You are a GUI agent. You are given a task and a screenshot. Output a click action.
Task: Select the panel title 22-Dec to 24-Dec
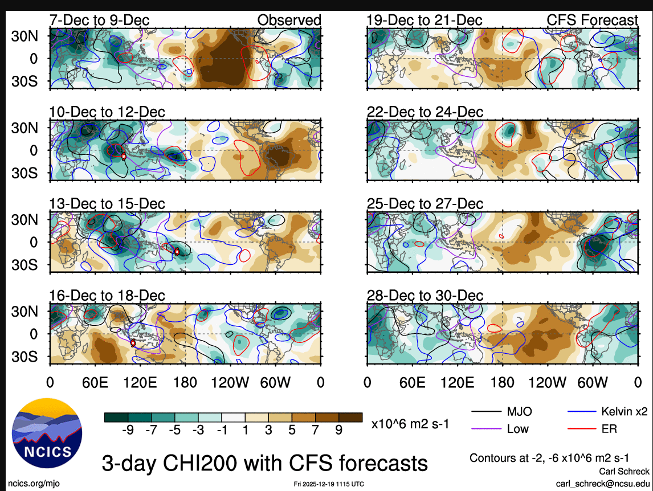pos(425,112)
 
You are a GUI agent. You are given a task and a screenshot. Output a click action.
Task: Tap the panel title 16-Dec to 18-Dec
pos(107,296)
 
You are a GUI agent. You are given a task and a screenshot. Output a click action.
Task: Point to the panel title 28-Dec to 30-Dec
pos(425,296)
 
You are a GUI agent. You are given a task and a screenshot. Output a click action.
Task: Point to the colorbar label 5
pos(292,431)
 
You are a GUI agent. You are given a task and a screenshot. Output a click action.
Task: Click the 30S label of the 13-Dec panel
pos(25,265)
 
